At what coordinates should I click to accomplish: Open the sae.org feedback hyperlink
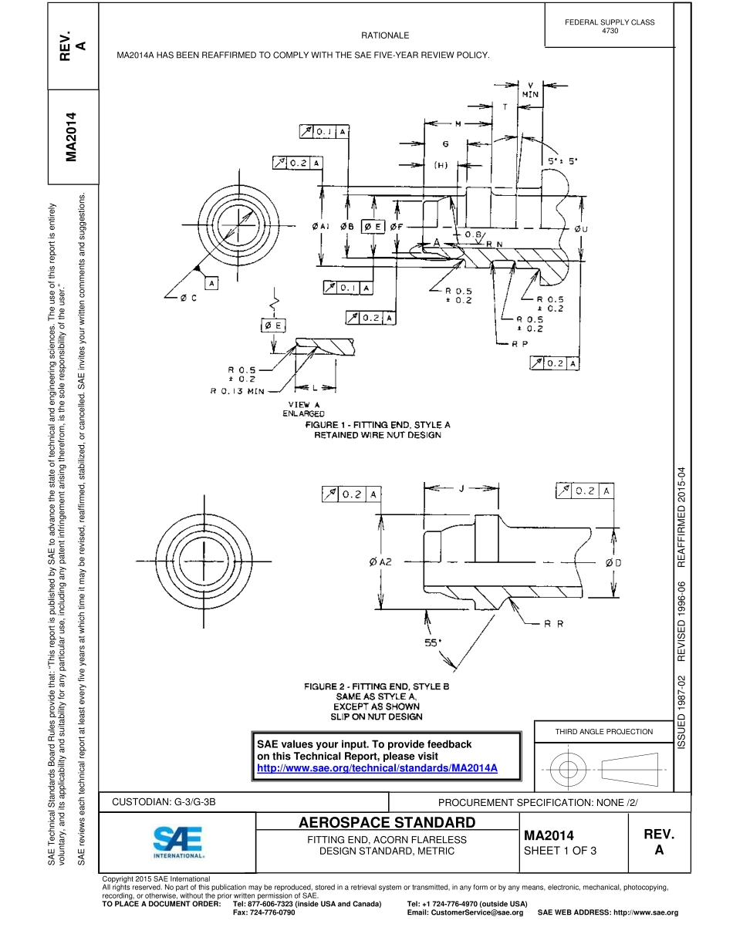coord(377,768)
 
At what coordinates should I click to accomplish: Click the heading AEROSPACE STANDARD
coord(387,822)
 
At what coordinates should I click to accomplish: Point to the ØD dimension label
coord(613,562)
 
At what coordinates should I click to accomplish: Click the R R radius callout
coord(553,624)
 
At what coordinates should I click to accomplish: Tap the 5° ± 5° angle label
coord(562,161)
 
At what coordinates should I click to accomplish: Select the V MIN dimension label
coord(530,89)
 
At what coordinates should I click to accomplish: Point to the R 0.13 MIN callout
coord(238,391)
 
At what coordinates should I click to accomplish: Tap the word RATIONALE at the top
coord(385,35)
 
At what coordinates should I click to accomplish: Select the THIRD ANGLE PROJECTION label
coord(604,731)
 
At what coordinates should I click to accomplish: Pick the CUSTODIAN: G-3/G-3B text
coord(164,802)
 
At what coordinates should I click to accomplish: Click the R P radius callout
coord(519,344)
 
